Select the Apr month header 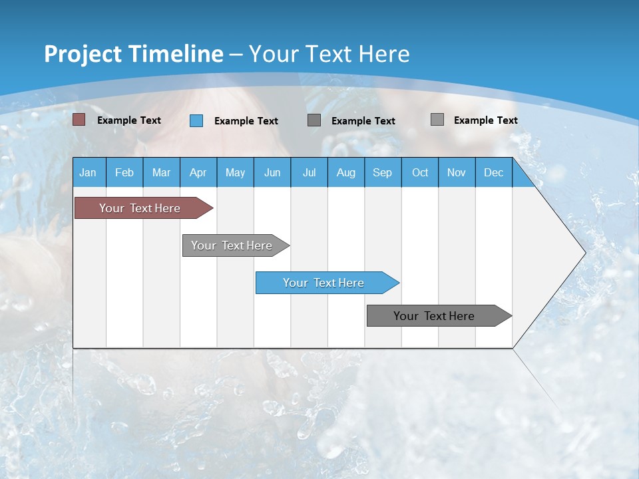coord(198,172)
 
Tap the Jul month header coord(310,172)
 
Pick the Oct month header coord(420,172)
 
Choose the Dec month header coord(493,172)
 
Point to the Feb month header coord(124,172)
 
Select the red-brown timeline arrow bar coord(144,208)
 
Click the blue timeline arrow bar coord(327,283)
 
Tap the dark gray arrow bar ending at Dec coord(439,315)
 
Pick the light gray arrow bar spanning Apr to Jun coord(236,245)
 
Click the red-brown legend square coord(79,120)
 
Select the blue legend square coord(196,120)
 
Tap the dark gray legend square coord(314,120)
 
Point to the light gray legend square coord(437,119)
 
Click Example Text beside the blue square coord(246,121)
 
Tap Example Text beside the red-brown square coord(128,120)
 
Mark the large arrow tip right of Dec coord(586,253)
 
